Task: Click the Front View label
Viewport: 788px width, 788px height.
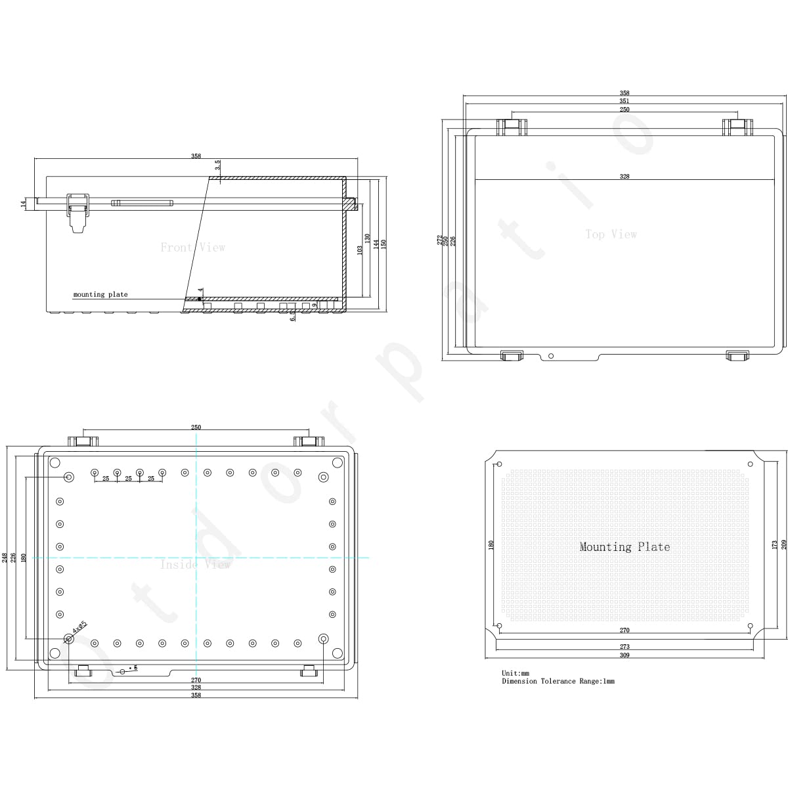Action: [x=192, y=248]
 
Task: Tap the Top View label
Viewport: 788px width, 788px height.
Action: [x=611, y=234]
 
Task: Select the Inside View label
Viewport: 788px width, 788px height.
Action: [x=195, y=565]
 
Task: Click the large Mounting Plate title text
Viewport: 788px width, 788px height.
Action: [x=624, y=546]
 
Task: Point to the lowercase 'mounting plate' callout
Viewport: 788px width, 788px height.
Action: [x=100, y=295]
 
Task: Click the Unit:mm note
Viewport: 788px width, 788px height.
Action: [x=515, y=674]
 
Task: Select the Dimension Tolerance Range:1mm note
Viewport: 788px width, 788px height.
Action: [x=558, y=682]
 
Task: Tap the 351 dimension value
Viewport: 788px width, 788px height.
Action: [x=624, y=101]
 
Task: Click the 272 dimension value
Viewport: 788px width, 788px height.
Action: [x=440, y=240]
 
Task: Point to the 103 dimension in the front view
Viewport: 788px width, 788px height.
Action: [x=359, y=250]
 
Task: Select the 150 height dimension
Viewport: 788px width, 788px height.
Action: [x=383, y=243]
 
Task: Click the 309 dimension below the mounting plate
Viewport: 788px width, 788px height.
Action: [x=624, y=655]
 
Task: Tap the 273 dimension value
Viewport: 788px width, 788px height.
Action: [x=624, y=647]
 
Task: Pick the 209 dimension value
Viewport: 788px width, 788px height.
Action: [x=783, y=544]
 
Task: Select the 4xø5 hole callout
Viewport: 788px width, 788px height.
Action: [x=79, y=627]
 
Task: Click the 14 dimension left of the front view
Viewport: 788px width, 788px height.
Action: [x=23, y=204]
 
